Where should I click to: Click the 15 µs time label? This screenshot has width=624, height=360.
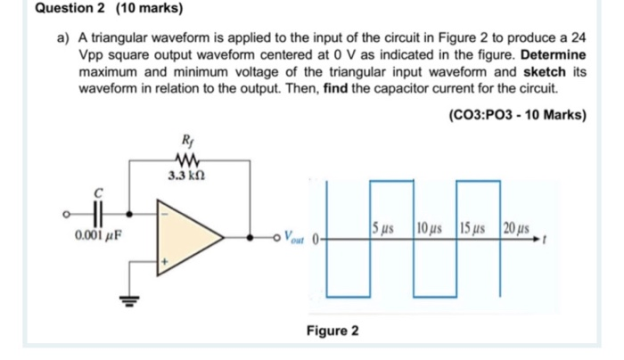pos(475,227)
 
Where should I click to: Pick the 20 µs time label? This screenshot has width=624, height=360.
pos(519,227)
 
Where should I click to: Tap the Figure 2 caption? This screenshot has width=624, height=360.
pos(333,331)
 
